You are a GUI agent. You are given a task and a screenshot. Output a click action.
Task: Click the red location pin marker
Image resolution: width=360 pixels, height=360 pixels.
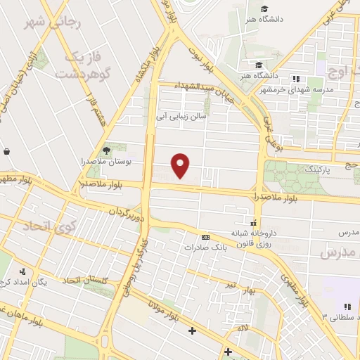point(181,165)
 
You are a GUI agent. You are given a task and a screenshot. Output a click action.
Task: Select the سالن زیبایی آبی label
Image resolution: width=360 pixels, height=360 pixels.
point(181,119)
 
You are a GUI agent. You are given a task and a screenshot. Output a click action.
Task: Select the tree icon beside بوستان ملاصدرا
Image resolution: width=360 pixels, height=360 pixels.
point(107,150)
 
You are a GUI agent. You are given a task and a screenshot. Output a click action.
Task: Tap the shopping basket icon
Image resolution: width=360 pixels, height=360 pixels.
point(6,151)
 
